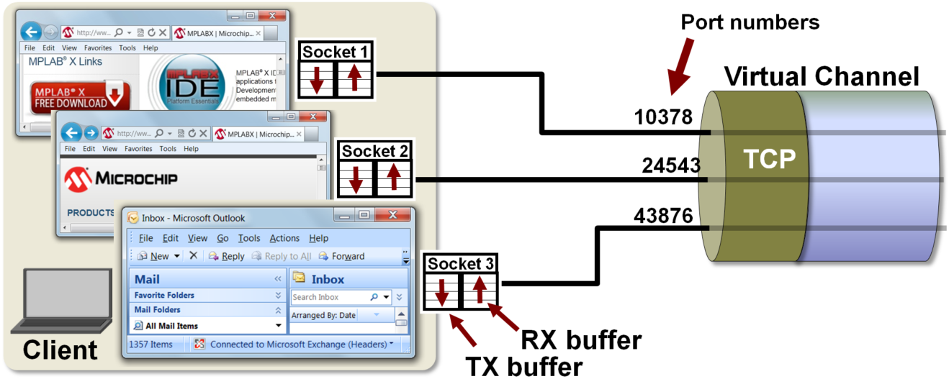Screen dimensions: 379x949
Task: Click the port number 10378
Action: click(x=663, y=118)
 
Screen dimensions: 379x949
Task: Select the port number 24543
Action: click(x=671, y=166)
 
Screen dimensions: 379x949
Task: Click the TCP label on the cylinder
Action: click(x=770, y=159)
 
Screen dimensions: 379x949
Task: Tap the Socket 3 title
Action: click(x=462, y=264)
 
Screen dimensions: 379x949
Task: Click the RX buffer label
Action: click(x=581, y=339)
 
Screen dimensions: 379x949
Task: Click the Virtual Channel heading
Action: click(x=822, y=76)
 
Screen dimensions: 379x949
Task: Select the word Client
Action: click(x=60, y=350)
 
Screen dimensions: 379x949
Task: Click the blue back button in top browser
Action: click(x=30, y=32)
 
